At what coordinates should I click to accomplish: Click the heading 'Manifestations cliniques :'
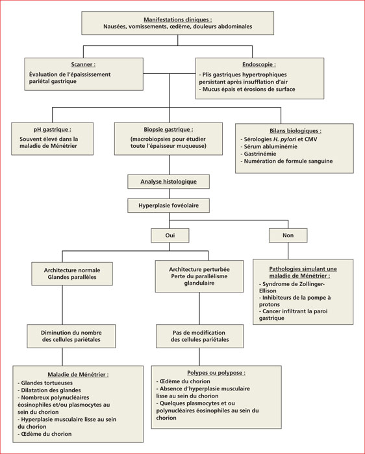[x=178, y=19]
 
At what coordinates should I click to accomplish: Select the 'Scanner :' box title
[x=84, y=65]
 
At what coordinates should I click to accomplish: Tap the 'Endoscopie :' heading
[x=259, y=65]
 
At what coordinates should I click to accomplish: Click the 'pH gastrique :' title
[x=52, y=130]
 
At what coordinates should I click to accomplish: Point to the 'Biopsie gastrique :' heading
[x=168, y=130]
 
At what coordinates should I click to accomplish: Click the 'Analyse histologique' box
[x=168, y=182]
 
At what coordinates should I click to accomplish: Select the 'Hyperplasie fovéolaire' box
[x=168, y=206]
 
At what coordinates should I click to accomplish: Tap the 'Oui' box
[x=170, y=235]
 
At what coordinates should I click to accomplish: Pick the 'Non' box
[x=288, y=235]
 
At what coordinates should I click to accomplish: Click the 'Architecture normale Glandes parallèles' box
[x=72, y=274]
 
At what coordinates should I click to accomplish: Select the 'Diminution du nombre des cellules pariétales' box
[x=71, y=336]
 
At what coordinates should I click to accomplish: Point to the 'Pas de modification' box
[x=199, y=336]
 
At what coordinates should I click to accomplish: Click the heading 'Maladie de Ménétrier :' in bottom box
[x=78, y=375]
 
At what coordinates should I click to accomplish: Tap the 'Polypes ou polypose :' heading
[x=216, y=373]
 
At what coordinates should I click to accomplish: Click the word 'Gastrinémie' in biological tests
[x=260, y=154]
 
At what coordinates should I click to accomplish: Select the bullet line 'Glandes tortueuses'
[x=45, y=383]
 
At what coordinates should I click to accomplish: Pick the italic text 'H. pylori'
[x=284, y=139]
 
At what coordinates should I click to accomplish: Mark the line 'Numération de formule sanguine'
[x=286, y=161]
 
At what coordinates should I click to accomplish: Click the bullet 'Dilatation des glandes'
[x=49, y=390]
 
